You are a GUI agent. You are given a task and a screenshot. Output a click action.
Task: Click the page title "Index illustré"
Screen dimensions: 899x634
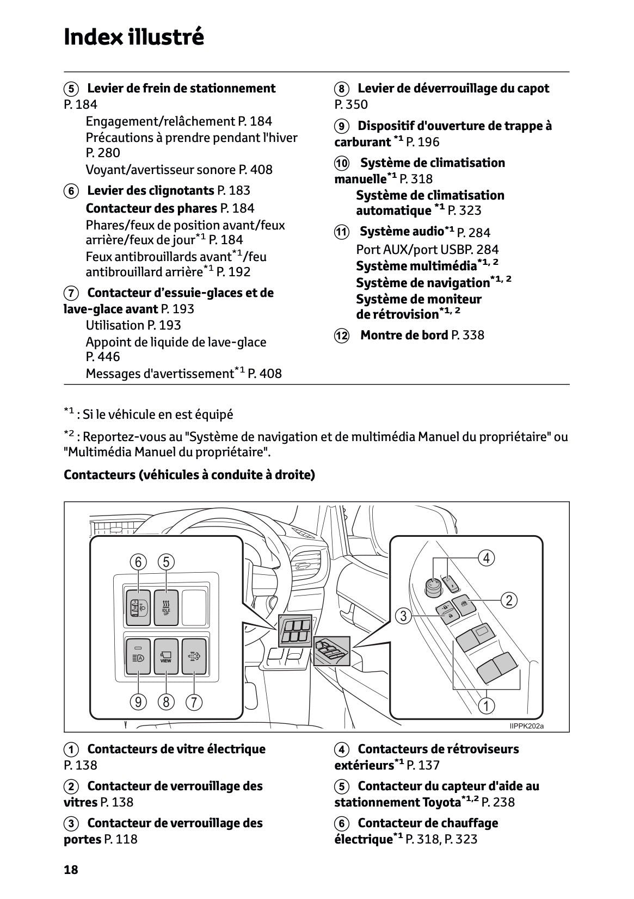click(134, 37)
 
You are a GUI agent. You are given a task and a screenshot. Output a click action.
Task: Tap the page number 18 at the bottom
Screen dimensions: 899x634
click(71, 870)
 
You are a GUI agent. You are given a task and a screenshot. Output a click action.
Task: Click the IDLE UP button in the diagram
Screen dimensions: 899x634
click(166, 607)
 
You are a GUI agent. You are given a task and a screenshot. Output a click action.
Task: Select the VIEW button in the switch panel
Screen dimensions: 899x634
click(166, 656)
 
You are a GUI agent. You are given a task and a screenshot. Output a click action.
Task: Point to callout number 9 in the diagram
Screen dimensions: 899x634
click(138, 702)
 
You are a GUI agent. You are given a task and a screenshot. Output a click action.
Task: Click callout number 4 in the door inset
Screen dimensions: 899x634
click(486, 558)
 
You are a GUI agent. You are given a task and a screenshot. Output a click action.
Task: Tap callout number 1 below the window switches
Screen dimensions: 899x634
click(486, 706)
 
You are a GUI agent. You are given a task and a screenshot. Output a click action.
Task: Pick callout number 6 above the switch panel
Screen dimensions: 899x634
click(138, 562)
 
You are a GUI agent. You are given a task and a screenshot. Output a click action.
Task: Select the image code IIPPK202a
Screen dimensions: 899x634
click(526, 726)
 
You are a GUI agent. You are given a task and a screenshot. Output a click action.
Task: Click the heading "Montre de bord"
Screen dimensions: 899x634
click(404, 335)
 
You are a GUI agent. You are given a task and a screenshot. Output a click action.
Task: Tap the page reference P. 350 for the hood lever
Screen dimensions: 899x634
click(351, 104)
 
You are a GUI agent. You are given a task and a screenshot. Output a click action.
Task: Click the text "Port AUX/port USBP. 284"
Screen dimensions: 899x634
click(427, 250)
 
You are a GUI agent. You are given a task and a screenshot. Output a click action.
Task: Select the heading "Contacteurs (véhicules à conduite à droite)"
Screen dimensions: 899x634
click(189, 475)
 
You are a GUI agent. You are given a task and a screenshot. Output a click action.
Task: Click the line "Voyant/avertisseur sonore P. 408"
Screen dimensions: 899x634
click(179, 170)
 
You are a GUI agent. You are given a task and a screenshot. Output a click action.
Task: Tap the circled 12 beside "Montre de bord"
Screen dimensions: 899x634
click(341, 336)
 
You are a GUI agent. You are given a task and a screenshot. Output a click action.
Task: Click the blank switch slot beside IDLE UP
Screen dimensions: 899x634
click(194, 607)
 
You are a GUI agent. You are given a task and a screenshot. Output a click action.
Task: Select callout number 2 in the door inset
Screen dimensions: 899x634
click(509, 600)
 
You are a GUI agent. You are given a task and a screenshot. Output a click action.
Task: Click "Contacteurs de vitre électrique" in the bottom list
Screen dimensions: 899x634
click(176, 749)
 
